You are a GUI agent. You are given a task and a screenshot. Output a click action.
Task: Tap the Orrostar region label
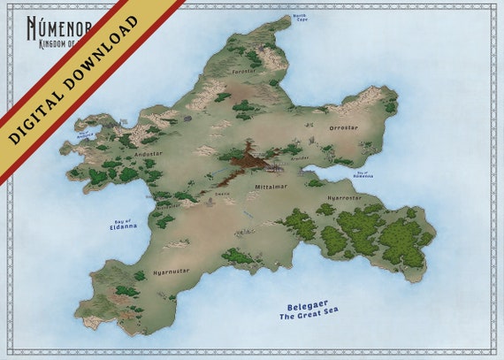coord(344,127)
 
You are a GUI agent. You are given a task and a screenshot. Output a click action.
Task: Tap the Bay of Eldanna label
coord(123,223)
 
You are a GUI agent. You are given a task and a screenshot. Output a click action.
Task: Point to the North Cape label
coord(301,17)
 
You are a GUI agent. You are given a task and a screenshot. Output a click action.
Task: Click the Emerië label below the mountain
coord(222,193)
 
